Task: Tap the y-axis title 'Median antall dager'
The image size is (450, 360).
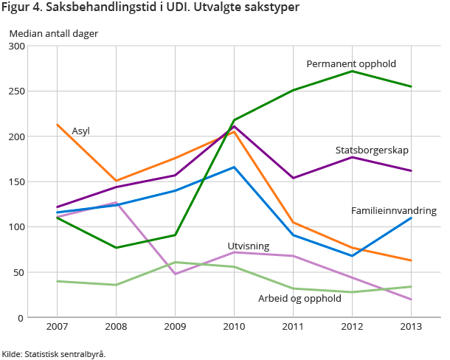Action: [53, 33]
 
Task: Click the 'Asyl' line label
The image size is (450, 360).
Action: [80, 131]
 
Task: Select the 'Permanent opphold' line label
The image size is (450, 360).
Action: [351, 64]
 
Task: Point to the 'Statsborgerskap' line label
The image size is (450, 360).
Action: [372, 150]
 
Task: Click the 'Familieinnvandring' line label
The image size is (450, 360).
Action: [394, 211]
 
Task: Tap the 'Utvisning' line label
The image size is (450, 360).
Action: [248, 246]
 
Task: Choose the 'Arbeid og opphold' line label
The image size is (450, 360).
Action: [300, 299]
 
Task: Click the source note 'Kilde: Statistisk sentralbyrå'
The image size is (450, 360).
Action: [54, 354]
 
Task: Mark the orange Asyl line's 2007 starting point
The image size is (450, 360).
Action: [57, 125]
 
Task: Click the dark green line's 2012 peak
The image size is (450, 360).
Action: [352, 72]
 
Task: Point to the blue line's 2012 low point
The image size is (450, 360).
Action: [352, 256]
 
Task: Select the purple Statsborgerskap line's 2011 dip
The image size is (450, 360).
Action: [293, 178]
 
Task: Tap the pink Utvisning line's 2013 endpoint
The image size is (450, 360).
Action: [411, 300]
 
